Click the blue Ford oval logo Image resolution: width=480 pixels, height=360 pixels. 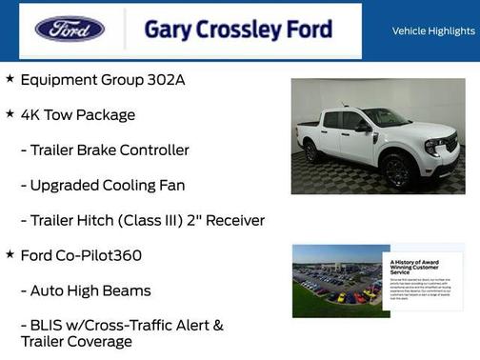[70, 29]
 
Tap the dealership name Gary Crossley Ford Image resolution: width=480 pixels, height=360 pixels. [238, 30]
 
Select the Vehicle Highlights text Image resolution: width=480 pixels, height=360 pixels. [433, 30]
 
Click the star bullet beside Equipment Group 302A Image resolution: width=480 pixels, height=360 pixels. [10, 78]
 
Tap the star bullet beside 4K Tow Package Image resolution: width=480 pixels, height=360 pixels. [10, 113]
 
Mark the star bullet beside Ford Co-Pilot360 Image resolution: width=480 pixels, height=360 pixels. [10, 254]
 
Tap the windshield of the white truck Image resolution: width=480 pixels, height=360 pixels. [386, 118]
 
